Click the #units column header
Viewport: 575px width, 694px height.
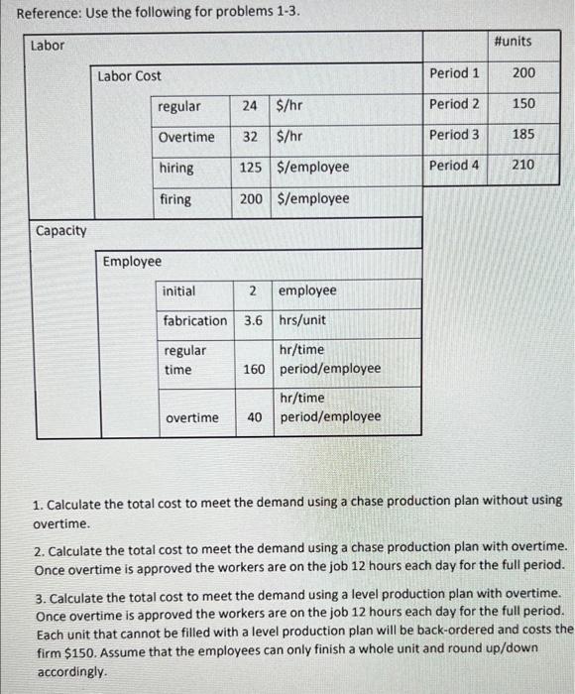click(x=512, y=41)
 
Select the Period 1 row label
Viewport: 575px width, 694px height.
click(x=454, y=73)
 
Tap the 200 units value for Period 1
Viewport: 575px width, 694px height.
click(x=522, y=73)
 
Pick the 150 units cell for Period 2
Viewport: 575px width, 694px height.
click(x=522, y=104)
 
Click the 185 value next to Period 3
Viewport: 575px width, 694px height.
click(x=522, y=134)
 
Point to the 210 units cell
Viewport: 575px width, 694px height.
click(x=522, y=165)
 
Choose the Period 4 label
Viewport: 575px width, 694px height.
click(x=454, y=165)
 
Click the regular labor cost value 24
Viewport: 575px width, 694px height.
click(x=250, y=105)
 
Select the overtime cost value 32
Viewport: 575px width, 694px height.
click(x=250, y=137)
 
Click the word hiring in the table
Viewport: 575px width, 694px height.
click(x=176, y=168)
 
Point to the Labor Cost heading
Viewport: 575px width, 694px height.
click(x=129, y=75)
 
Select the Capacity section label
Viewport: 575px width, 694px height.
click(x=60, y=230)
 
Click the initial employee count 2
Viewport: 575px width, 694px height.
click(x=253, y=290)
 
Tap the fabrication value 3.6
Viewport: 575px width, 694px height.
click(x=253, y=320)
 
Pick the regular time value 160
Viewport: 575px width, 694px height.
click(x=253, y=368)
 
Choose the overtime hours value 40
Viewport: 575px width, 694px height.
click(x=255, y=416)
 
